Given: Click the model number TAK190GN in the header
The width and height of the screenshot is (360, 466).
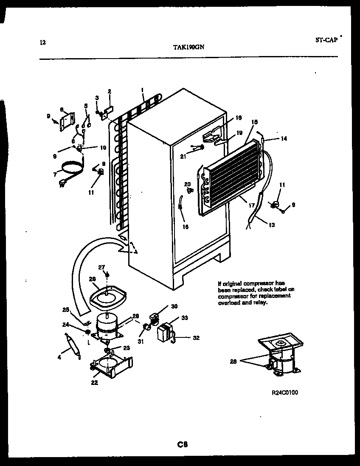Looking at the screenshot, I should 189,48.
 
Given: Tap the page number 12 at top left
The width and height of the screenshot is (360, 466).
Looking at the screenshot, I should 42,42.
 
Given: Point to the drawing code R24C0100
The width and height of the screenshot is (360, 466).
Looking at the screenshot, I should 285,393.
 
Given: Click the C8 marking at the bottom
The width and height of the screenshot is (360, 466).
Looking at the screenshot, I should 183,444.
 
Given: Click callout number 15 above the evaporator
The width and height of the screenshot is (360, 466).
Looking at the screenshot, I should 254,122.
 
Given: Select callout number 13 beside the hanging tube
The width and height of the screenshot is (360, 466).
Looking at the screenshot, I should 271,225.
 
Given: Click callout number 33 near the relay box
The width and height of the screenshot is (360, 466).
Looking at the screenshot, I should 185,317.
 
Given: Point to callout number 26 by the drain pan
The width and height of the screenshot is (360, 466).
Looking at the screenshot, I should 93,279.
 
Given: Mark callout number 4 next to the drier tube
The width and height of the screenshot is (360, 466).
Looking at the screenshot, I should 59,358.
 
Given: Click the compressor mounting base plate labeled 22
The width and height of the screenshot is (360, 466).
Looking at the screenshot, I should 111,365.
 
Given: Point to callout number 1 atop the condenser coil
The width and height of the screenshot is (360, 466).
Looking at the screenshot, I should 143,90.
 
